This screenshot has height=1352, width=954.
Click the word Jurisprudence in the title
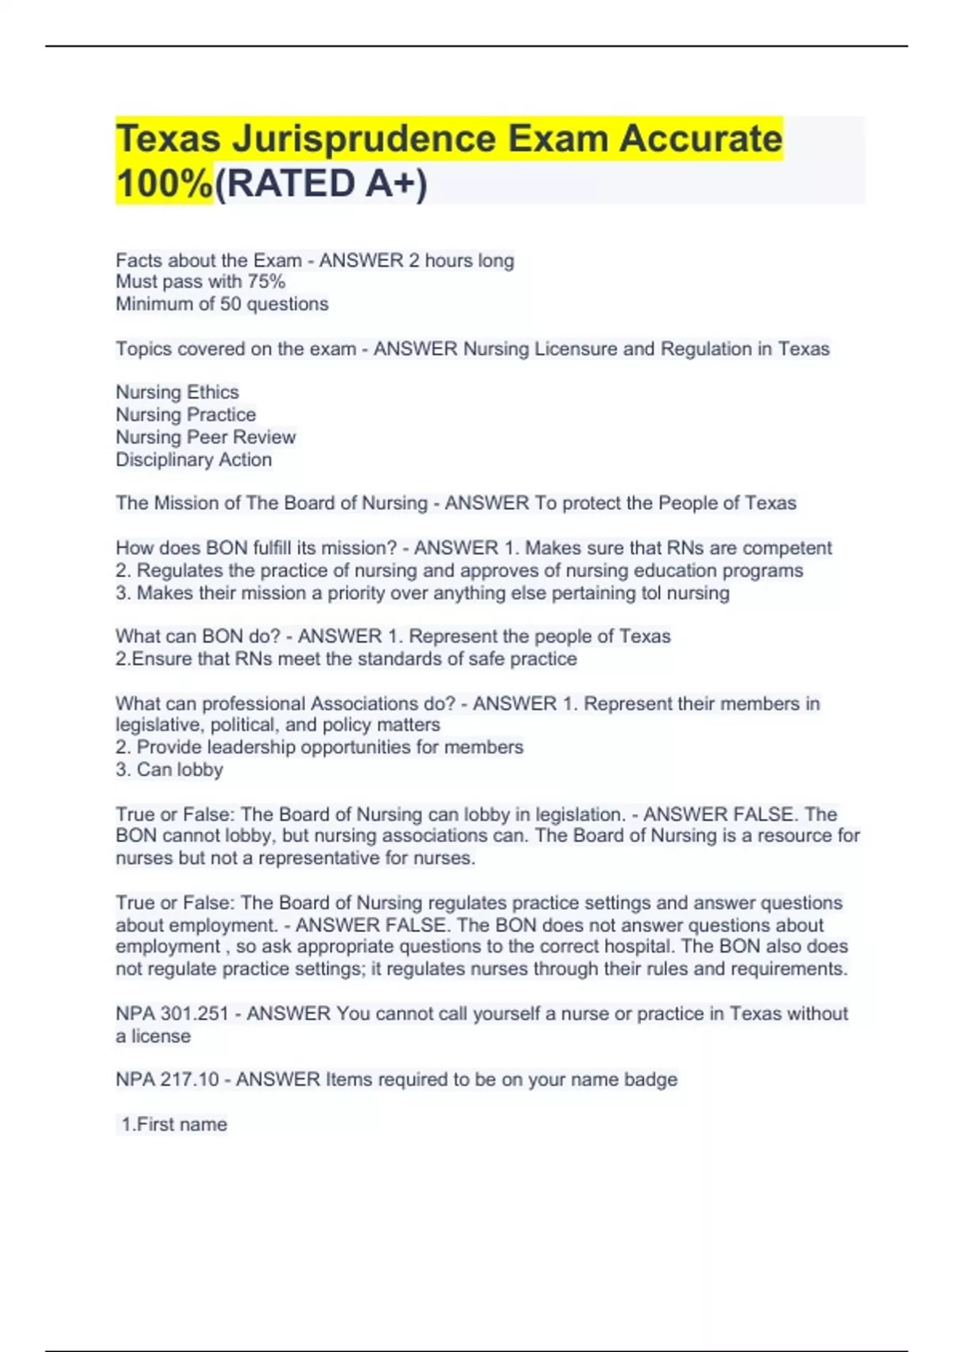click(x=364, y=138)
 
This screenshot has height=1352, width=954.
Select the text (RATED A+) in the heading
click(x=321, y=184)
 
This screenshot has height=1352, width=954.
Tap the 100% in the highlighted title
click(x=164, y=184)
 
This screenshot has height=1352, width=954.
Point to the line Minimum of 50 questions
click(x=222, y=304)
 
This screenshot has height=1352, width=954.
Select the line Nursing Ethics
click(x=177, y=392)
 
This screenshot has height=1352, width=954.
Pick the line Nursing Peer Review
click(x=206, y=437)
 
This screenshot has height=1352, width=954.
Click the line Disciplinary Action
click(x=194, y=460)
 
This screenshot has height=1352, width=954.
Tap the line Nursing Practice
click(x=186, y=414)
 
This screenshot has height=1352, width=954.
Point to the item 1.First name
click(x=174, y=1125)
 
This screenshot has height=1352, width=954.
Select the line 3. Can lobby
click(x=169, y=769)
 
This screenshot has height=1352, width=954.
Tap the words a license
click(x=153, y=1036)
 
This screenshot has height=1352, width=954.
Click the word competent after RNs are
click(x=787, y=548)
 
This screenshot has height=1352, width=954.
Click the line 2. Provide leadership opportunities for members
click(x=320, y=747)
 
